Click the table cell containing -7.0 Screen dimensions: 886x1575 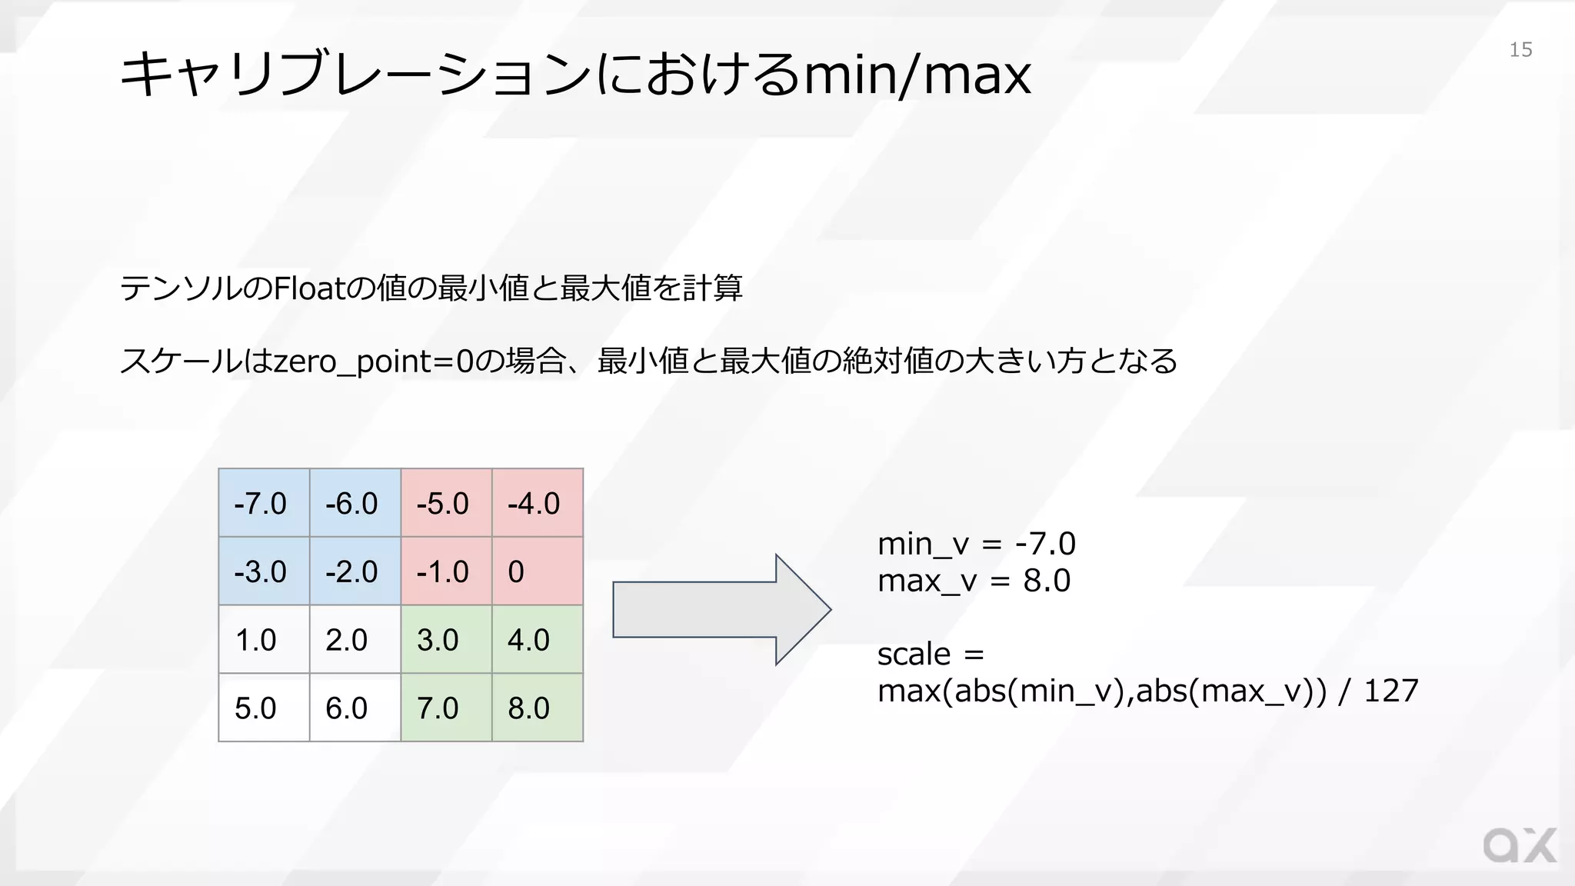click(264, 503)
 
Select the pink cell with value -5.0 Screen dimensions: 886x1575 click(446, 503)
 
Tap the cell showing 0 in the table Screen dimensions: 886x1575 click(537, 571)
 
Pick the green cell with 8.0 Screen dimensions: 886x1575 click(537, 708)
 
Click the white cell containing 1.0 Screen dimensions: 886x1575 click(264, 640)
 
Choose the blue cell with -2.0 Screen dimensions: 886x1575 click(355, 571)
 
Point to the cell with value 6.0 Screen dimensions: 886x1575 click(355, 708)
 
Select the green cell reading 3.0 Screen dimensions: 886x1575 click(446, 640)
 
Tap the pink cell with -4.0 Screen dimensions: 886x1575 click(537, 503)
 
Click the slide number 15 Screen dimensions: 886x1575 click(1520, 50)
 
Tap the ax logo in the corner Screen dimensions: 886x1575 click(1519, 846)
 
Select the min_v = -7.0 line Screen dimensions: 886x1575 click(976, 544)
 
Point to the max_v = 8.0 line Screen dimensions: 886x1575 click(974, 581)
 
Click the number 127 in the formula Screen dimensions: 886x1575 click(1390, 691)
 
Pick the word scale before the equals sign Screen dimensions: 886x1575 click(914, 655)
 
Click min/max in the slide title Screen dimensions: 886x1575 click(917, 75)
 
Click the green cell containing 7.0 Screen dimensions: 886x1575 click(446, 708)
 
